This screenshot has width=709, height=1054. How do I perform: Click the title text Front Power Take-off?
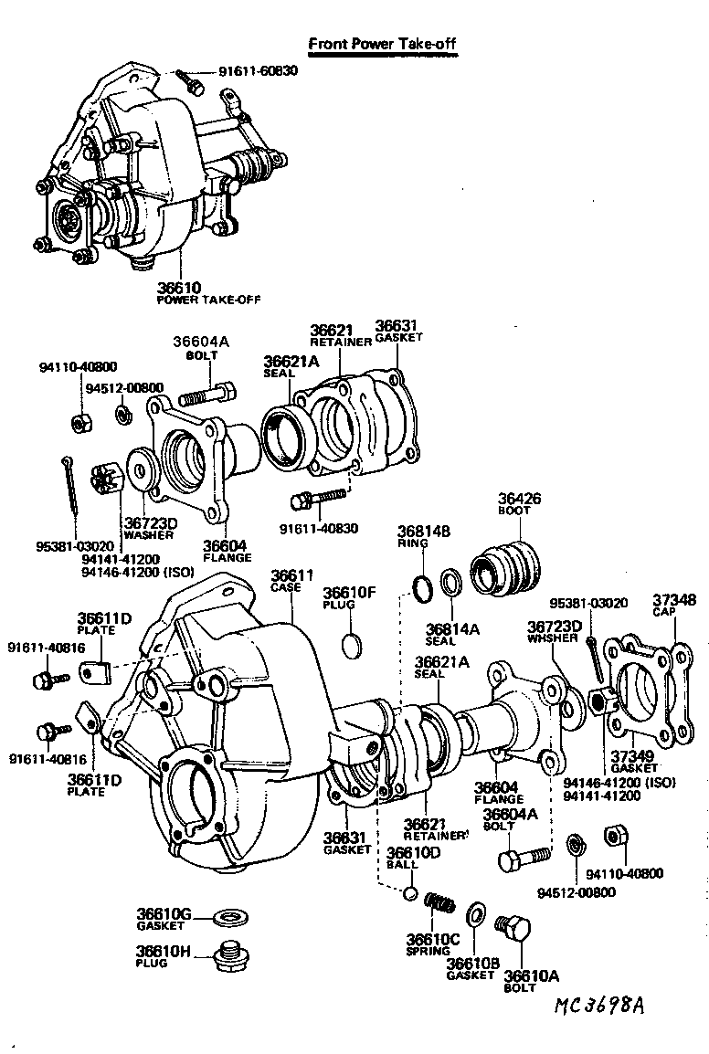coord(381,43)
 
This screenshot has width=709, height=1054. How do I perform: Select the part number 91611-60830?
coord(257,71)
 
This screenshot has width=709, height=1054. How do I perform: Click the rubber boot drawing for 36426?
coord(504,564)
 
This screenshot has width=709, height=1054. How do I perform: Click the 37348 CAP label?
coord(673,606)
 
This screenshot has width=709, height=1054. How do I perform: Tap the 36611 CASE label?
coord(292,581)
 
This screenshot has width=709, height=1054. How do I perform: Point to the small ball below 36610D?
coord(410,891)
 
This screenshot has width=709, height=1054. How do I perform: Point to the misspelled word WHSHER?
coord(554,637)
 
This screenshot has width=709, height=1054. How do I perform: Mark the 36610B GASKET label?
coord(471,969)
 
